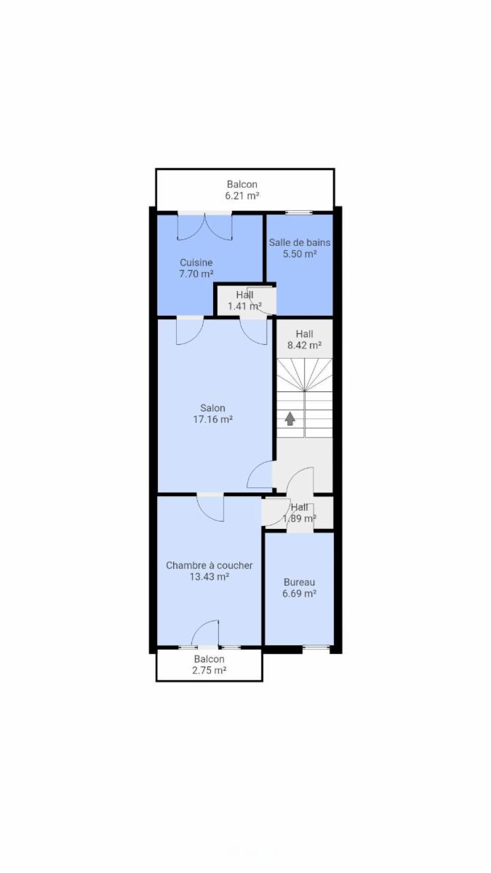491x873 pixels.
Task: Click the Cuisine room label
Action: pos(196,263)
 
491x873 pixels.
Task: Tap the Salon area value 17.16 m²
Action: pos(212,419)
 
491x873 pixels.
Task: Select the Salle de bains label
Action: pos(300,242)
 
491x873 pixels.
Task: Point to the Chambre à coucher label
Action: pos(209,565)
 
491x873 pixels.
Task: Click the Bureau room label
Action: pos(299,582)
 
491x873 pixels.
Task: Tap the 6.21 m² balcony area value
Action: pos(242,196)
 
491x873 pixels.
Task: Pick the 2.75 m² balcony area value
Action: pos(209,670)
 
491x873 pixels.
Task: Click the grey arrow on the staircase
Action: pos(290,418)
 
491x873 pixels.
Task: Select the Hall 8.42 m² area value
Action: pos(304,345)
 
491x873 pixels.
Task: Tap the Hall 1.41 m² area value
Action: pos(244,306)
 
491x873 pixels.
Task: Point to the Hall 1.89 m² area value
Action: pos(299,518)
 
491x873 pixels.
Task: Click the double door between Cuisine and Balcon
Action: pos(205,226)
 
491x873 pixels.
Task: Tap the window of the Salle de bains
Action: pos(299,212)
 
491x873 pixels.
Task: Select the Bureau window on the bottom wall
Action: pos(316,647)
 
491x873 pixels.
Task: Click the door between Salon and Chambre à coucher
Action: pos(210,508)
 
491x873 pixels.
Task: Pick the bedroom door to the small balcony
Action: pos(205,634)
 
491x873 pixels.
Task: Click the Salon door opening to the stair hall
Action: pos(260,474)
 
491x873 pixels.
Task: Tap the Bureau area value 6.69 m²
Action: pos(299,594)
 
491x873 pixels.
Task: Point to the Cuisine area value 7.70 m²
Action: pos(196,274)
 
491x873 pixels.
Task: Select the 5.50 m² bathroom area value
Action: pos(300,254)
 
